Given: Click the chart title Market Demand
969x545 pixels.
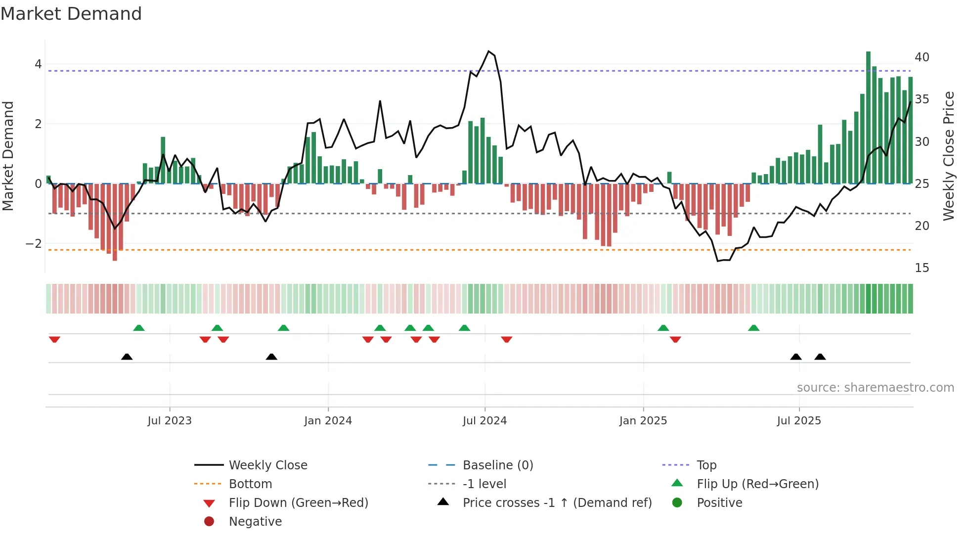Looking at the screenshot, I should pyautogui.click(x=71, y=14).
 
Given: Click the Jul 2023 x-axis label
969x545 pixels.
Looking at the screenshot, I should pyautogui.click(x=170, y=421).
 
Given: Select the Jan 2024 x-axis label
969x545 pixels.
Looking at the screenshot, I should pyautogui.click(x=328, y=421).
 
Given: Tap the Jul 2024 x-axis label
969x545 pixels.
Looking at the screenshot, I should pyautogui.click(x=484, y=421).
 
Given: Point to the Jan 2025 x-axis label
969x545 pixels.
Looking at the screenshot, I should pyautogui.click(x=643, y=421).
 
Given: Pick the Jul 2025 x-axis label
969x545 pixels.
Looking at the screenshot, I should pyautogui.click(x=799, y=421).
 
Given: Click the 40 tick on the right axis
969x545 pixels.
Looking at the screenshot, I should pyautogui.click(x=922, y=57).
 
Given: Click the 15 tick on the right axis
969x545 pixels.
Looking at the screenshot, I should pyautogui.click(x=922, y=268).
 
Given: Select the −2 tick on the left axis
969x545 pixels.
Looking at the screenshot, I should pyautogui.click(x=34, y=244).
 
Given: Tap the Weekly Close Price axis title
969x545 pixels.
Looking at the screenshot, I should pyautogui.click(x=948, y=156).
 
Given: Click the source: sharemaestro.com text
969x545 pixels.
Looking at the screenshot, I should pyautogui.click(x=875, y=388).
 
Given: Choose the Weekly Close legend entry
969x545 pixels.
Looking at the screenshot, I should pyautogui.click(x=267, y=465).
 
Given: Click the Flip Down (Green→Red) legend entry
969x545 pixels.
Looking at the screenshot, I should pyautogui.click(x=298, y=503).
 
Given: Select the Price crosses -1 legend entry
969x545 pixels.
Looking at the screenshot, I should pyautogui.click(x=557, y=503).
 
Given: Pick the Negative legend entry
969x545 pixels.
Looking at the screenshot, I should pyautogui.click(x=255, y=522).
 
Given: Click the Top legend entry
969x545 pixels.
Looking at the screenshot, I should pyautogui.click(x=706, y=465).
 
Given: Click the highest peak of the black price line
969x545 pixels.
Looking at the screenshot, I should pyautogui.click(x=488, y=51).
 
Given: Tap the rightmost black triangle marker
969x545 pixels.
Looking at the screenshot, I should pyautogui.click(x=820, y=357).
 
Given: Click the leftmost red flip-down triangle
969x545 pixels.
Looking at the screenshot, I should pyautogui.click(x=54, y=339).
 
